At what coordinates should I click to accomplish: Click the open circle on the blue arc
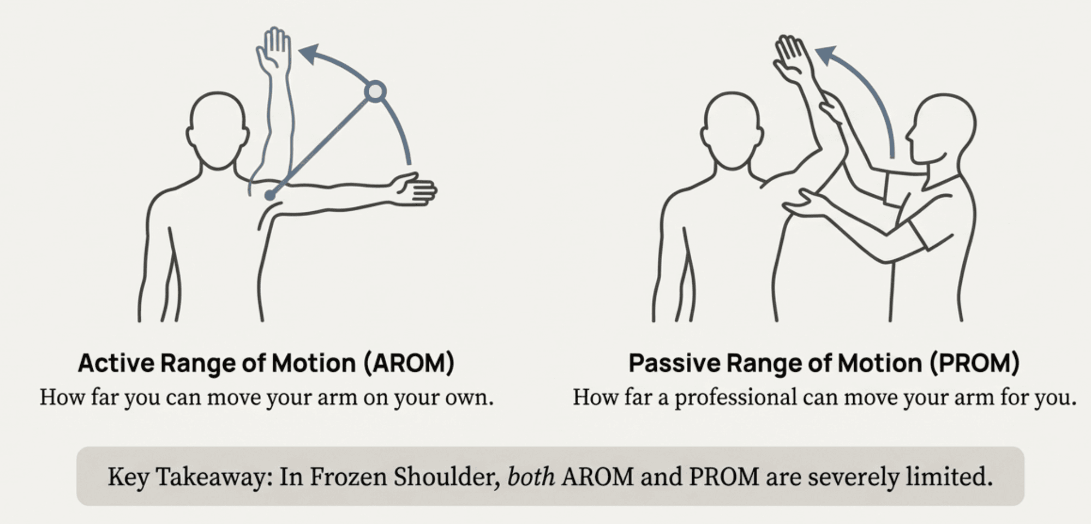[x=375, y=92]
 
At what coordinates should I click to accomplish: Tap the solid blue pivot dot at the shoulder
[x=270, y=195]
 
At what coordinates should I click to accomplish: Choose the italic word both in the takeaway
[x=531, y=477]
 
